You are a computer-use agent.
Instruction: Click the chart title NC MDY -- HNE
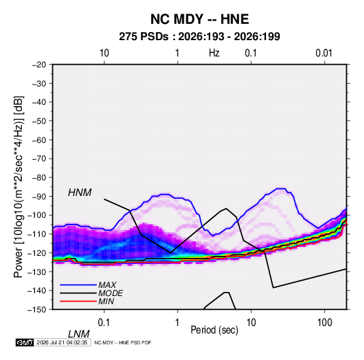pos(199,19)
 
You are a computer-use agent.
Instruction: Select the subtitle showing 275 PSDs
pos(199,37)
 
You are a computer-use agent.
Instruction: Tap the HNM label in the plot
pos(80,193)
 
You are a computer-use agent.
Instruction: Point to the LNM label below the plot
pos(79,334)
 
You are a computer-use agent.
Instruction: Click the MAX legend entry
pos(107,284)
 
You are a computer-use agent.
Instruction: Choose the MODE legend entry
pos(110,293)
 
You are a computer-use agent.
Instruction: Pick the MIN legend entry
pos(106,301)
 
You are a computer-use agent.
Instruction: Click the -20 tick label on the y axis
pos(39,65)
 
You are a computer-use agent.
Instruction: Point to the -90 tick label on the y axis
pos(39,196)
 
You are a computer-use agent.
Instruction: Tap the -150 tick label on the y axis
pos(37,310)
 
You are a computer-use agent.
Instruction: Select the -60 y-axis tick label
pos(39,140)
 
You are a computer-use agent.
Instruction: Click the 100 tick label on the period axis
pos(325,323)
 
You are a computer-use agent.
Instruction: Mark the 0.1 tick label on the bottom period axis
pos(104,323)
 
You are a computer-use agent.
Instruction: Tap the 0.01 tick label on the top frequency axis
pos(324,53)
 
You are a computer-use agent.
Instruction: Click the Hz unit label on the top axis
pos(214,53)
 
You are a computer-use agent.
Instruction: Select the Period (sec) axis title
pos(214,330)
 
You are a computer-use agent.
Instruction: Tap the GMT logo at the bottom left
pos(24,342)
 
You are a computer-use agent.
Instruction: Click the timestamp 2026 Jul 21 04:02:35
pos(62,342)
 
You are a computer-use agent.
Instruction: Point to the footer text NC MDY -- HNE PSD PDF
pos(122,342)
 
